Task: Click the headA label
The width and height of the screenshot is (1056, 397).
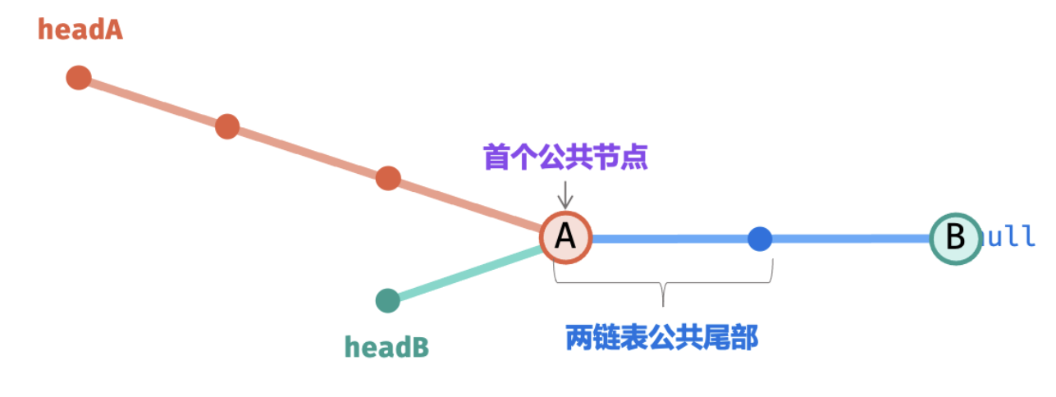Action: (x=80, y=30)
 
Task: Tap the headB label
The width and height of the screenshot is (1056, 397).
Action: (x=386, y=347)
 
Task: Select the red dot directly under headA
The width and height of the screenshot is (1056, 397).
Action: (x=79, y=78)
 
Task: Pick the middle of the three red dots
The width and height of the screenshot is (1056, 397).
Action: (x=227, y=127)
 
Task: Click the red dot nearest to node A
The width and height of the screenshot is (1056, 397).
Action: (x=388, y=178)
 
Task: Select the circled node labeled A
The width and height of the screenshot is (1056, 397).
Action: (x=565, y=237)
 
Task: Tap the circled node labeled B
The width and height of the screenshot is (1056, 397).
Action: (x=955, y=238)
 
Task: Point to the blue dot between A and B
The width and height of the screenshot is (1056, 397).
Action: (x=761, y=239)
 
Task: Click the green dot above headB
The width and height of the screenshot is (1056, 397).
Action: (x=387, y=301)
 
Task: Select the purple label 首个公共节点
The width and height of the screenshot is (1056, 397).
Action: (x=565, y=157)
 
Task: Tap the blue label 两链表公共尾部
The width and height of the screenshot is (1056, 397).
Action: (x=662, y=337)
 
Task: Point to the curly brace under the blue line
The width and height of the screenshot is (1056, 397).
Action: (x=663, y=284)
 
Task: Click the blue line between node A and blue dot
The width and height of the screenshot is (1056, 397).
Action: (x=669, y=239)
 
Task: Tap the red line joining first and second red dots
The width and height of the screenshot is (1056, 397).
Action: (x=153, y=103)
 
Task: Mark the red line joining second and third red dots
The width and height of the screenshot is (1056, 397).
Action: (x=308, y=153)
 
